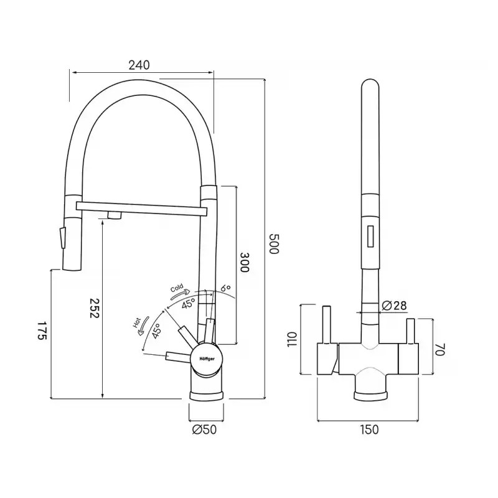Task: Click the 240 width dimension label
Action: tap(139, 65)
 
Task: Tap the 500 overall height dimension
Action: tap(273, 243)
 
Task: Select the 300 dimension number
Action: tap(244, 262)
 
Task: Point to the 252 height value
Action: tap(95, 308)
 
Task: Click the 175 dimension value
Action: tap(42, 331)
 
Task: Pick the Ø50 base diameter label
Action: tap(204, 430)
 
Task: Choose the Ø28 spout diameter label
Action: tap(394, 305)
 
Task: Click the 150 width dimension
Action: tap(369, 430)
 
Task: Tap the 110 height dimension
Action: tap(292, 339)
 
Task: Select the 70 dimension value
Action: tap(440, 349)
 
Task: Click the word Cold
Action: tap(177, 288)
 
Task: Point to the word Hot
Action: tap(136, 322)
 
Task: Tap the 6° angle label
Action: tap(225, 288)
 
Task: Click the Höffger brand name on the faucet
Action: tap(207, 359)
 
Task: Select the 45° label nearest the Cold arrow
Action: tap(189, 304)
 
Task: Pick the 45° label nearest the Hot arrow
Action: tap(156, 331)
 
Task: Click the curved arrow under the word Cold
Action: tap(180, 294)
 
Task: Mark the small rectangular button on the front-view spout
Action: tap(370, 236)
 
